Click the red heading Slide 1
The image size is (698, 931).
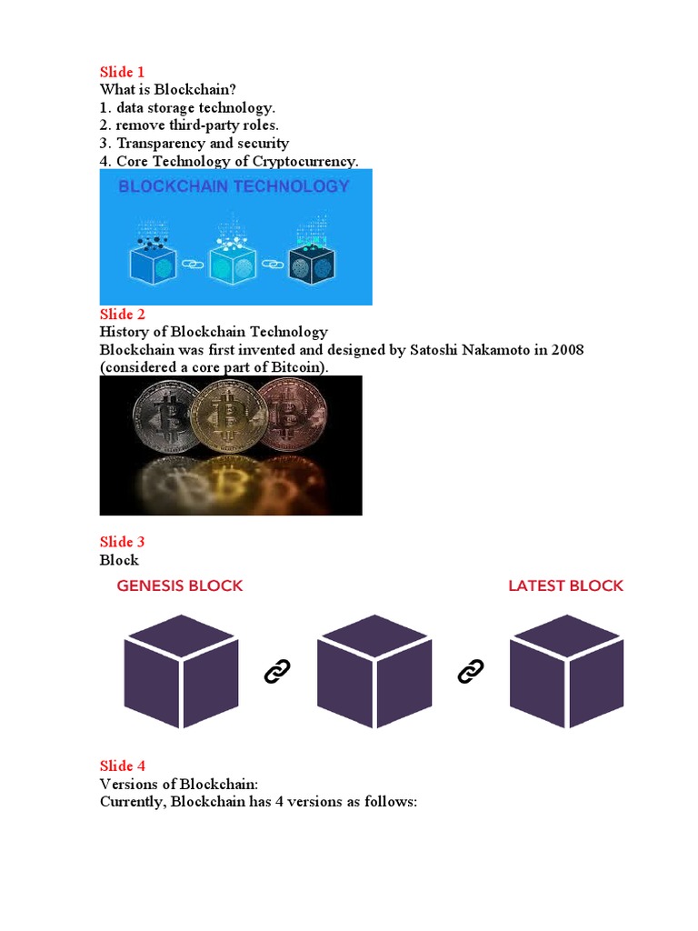(x=122, y=72)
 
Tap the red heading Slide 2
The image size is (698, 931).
(x=123, y=315)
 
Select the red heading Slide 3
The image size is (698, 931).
(x=123, y=542)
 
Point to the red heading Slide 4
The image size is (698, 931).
(x=123, y=766)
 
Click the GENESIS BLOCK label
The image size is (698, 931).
(x=180, y=586)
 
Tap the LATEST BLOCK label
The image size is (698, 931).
(x=565, y=586)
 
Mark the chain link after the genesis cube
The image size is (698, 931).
(x=276, y=672)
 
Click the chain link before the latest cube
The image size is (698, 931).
(x=470, y=672)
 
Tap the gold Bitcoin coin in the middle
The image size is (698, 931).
(x=229, y=416)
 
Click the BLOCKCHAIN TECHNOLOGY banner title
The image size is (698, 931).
(x=234, y=186)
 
